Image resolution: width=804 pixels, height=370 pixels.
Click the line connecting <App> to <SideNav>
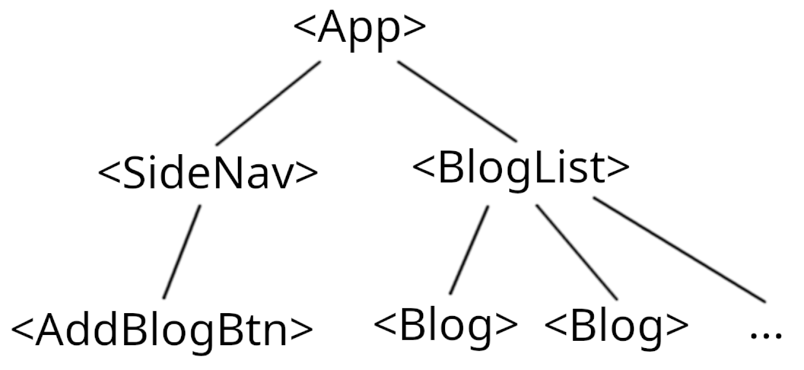[x=268, y=104]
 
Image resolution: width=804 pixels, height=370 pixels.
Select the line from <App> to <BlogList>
[x=457, y=102]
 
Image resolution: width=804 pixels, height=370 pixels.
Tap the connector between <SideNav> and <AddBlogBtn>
[x=182, y=252]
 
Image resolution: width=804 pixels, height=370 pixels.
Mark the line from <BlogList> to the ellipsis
[x=679, y=249]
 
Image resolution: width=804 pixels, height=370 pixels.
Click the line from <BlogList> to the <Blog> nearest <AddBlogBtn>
[x=469, y=250]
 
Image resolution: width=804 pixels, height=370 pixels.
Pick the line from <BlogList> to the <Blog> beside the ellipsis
[x=577, y=252]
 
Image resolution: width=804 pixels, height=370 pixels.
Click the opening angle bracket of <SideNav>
[x=109, y=172]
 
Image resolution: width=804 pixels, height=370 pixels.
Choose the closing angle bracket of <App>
[x=415, y=26]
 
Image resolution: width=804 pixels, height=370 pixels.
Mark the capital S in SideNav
[x=133, y=173]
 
